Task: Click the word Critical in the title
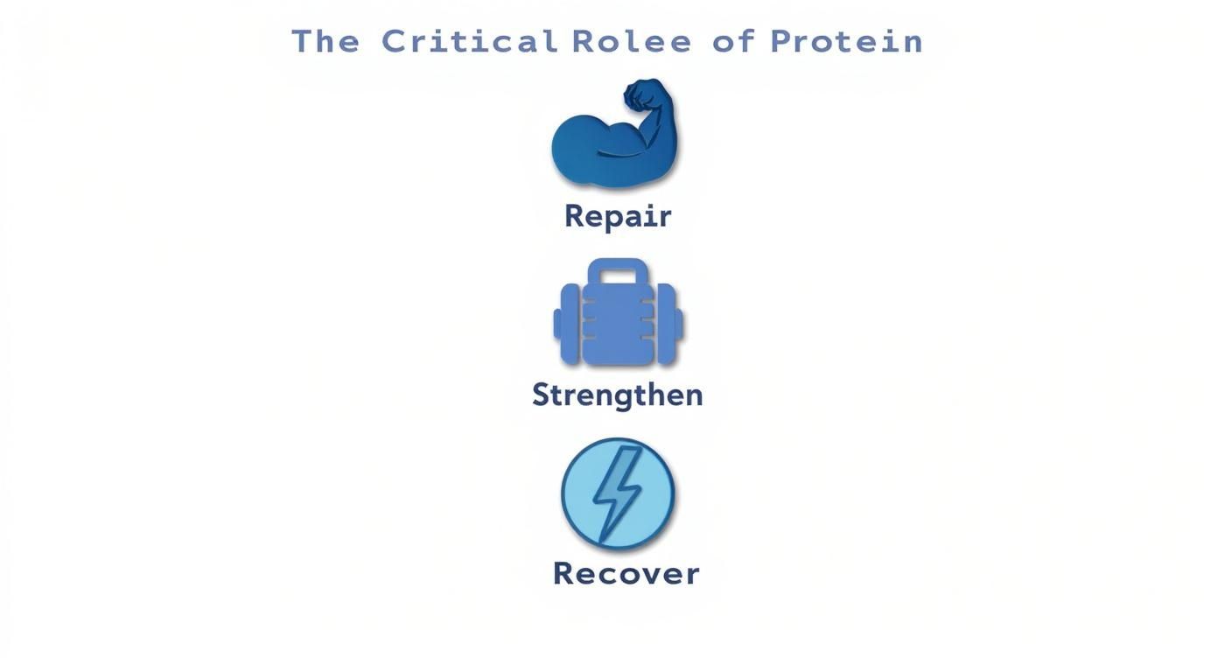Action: pos(470,41)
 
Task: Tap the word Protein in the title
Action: pos(846,41)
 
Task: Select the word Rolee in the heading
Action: pos(632,41)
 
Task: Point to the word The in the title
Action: pos(325,41)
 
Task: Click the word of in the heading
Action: pos(732,41)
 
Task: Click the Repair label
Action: pos(618,216)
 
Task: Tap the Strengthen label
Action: pos(618,395)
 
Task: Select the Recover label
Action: pos(626,574)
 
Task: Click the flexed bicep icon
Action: pos(614,140)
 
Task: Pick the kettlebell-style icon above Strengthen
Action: pos(618,312)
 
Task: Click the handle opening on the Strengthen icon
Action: pos(618,276)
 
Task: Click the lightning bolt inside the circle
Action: pos(617,493)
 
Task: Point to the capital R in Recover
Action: pos(564,574)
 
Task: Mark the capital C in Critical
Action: pos(394,41)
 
